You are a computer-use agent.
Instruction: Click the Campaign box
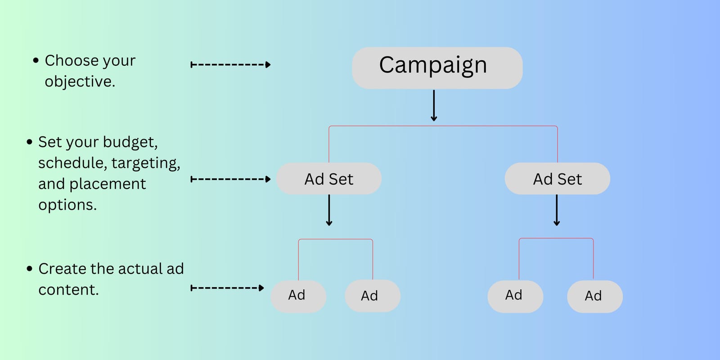click(437, 67)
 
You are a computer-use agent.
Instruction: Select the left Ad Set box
click(329, 179)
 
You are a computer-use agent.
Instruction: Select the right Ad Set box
click(557, 179)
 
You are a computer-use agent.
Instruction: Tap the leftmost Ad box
click(298, 296)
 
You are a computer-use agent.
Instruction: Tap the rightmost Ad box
click(594, 296)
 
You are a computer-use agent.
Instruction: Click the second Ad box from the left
click(372, 296)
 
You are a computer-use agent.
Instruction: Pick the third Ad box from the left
click(515, 296)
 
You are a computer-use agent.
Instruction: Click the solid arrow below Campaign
click(434, 106)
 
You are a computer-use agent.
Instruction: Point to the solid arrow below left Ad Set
click(329, 210)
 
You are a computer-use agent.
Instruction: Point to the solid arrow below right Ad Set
click(557, 210)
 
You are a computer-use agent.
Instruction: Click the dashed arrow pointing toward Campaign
click(230, 65)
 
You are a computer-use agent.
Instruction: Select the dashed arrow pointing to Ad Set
click(230, 179)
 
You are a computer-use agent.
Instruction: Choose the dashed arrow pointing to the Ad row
click(227, 288)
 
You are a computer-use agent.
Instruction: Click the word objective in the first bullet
click(79, 82)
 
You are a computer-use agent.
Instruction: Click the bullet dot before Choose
click(36, 60)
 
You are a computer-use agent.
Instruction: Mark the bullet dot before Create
click(30, 269)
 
